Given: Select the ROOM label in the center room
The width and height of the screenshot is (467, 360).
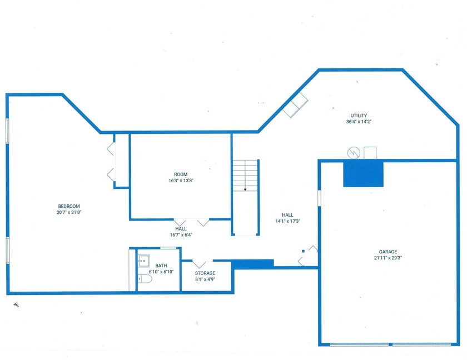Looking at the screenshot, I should (x=180, y=174).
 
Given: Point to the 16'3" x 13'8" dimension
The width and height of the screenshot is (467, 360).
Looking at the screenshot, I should (x=180, y=180).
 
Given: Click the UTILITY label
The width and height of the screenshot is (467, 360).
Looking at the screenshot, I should (x=359, y=116).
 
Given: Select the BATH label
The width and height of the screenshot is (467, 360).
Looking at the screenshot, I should (x=161, y=265).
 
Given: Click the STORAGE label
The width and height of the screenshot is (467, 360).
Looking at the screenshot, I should (x=205, y=273).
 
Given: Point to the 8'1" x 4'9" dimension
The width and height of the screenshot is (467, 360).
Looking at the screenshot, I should (x=205, y=279).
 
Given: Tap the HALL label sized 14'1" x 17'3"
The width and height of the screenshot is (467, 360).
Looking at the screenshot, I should (x=287, y=215).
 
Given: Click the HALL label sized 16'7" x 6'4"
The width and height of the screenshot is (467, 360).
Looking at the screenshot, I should (x=181, y=228).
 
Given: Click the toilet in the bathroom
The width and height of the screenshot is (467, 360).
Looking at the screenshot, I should (x=144, y=279).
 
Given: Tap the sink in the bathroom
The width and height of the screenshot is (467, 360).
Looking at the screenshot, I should (x=143, y=259).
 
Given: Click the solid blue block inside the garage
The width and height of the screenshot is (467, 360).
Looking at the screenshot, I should (x=363, y=173).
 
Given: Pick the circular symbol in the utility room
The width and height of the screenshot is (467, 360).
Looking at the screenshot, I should (x=352, y=151).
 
